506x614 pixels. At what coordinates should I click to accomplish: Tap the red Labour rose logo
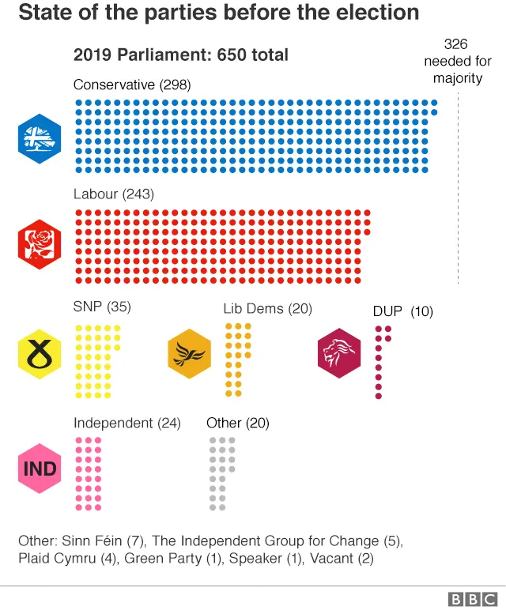[40, 244]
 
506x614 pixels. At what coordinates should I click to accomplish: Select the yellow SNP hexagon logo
[40, 353]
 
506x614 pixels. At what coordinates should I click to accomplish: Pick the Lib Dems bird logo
[190, 353]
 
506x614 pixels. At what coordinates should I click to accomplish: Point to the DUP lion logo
[338, 353]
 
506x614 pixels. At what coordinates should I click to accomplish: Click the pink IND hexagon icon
[40, 469]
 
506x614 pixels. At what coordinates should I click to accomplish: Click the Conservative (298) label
[132, 85]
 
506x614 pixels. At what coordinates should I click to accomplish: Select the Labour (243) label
[113, 194]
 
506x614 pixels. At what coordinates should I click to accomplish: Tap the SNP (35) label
[102, 307]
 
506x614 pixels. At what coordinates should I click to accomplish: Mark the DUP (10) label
[402, 311]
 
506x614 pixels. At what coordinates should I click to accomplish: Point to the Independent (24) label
[126, 423]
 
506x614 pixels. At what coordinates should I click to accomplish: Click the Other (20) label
[237, 423]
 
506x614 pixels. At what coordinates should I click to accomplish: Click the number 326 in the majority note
[456, 44]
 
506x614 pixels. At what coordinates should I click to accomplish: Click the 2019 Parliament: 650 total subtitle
[180, 55]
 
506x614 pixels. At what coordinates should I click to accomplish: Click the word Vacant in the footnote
[330, 559]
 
